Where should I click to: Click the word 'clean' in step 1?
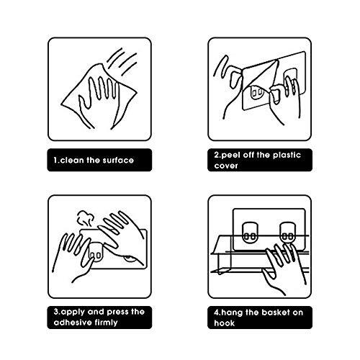(x=72, y=160)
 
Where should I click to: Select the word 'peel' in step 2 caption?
(x=230, y=155)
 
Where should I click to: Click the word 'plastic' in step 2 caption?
(x=287, y=155)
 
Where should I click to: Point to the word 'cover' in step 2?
(x=226, y=166)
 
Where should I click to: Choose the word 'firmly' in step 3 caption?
(x=106, y=323)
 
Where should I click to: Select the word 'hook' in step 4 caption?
(x=224, y=323)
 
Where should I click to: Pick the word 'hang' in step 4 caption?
(x=233, y=313)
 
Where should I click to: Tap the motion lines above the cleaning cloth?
(x=122, y=61)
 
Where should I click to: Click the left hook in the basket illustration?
(x=250, y=233)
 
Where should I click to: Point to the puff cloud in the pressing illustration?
(x=85, y=218)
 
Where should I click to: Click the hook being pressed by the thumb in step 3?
(x=95, y=252)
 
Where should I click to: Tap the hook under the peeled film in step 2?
(x=257, y=91)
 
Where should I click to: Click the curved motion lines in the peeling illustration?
(x=221, y=66)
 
